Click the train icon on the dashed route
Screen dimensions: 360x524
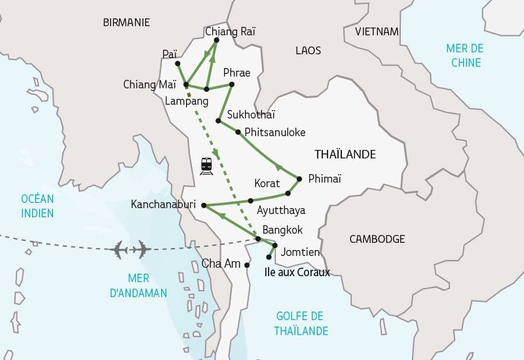coord(206,166)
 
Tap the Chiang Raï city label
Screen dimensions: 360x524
coord(230,31)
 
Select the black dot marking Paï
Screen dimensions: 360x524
coord(178,63)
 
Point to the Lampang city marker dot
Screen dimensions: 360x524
coord(206,88)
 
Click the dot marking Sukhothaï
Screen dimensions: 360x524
coord(218,120)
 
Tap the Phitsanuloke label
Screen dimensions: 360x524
coord(274,132)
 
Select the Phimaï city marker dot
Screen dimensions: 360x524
coord(299,179)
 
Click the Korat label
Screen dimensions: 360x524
coord(267,183)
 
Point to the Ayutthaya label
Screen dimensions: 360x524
coord(281,210)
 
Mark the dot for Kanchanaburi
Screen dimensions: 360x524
coord(204,205)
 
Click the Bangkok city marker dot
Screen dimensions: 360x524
coord(258,239)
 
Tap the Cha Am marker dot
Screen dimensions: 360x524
coord(246,265)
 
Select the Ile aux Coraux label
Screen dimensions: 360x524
coord(297,272)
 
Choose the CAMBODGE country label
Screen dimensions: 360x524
coord(377,239)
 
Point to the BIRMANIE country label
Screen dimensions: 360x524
coord(126,22)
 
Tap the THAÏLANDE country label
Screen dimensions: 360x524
coord(345,154)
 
